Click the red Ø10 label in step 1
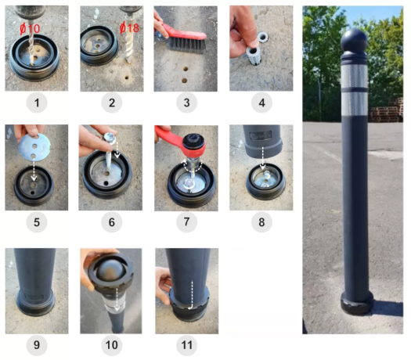click(30, 28)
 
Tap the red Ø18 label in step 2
click(129, 27)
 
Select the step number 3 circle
click(186, 103)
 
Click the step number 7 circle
click(186, 222)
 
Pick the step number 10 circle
click(112, 345)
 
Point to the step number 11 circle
click(186, 345)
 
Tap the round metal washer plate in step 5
click(34, 146)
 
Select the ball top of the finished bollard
click(354, 40)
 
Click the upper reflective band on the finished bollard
click(354, 76)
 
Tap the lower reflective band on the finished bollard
click(354, 104)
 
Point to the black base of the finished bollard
click(357, 303)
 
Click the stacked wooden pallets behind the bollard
click(387, 110)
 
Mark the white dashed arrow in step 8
click(262, 158)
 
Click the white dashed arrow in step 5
click(34, 171)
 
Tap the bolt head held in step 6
click(109, 138)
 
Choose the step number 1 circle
click(37, 103)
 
